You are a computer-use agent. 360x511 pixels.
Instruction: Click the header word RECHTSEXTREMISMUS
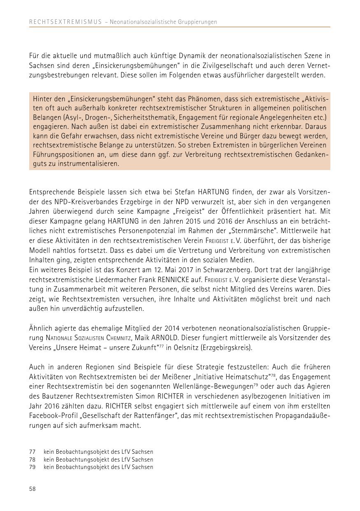click(x=65, y=22)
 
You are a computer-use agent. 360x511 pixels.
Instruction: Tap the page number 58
click(x=33, y=489)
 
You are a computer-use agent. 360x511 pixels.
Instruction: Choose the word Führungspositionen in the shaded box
click(x=61, y=154)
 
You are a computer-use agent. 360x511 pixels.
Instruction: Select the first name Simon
click(x=144, y=396)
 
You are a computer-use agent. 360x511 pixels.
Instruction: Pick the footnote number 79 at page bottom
click(x=32, y=467)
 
